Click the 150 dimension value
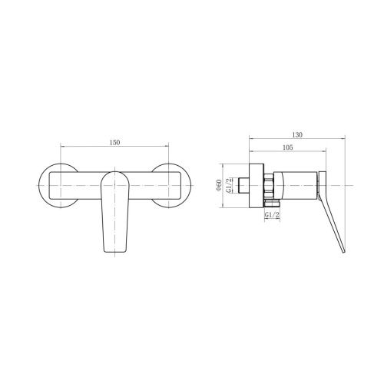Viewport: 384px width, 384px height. [114, 142]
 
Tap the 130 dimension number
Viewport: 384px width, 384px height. [297, 135]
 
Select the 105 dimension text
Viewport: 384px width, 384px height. [288, 147]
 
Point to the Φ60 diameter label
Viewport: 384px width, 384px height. [218, 185]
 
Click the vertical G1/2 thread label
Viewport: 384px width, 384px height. [230, 185]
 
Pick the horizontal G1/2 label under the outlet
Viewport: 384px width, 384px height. [272, 215]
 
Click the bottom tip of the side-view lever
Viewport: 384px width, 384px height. [344, 253]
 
